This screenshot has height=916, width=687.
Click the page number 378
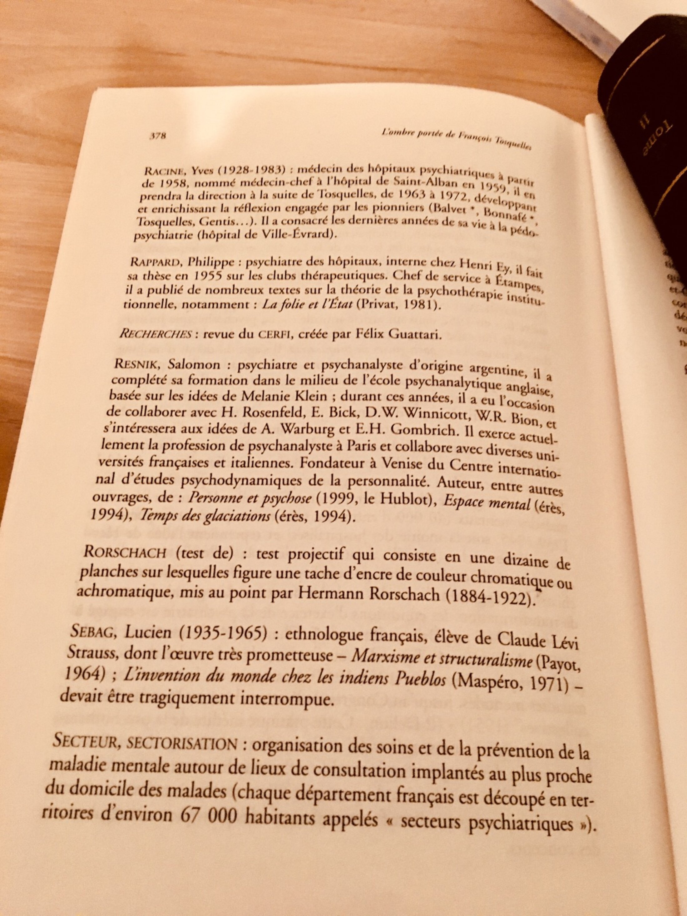coord(157,136)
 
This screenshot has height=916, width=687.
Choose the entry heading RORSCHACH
coord(125,552)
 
